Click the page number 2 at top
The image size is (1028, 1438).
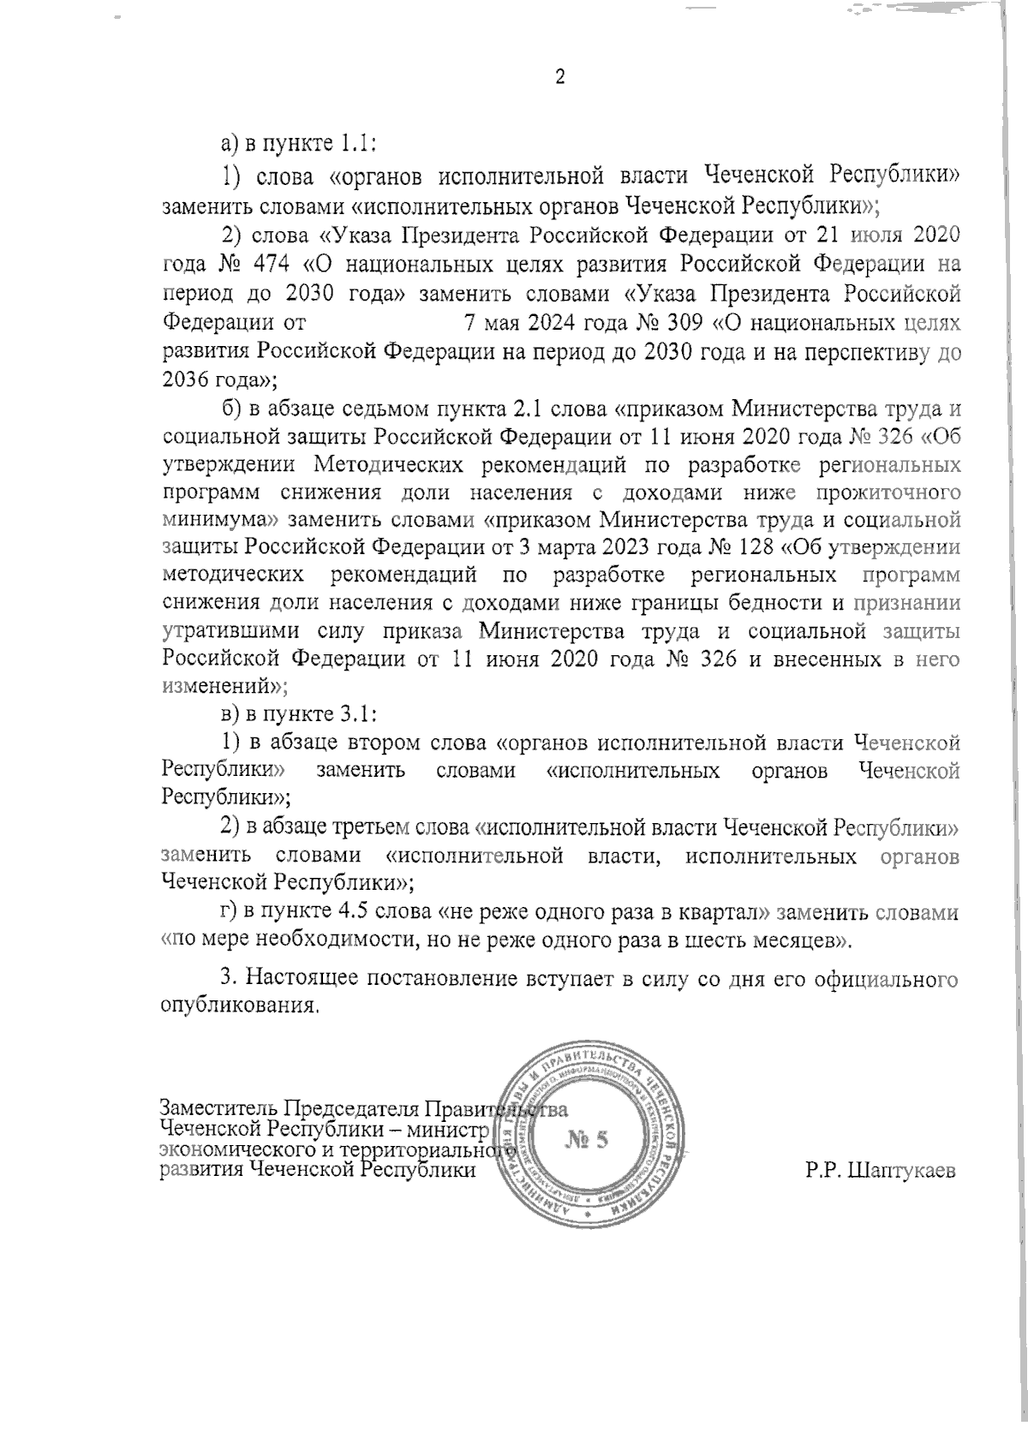[x=561, y=77]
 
